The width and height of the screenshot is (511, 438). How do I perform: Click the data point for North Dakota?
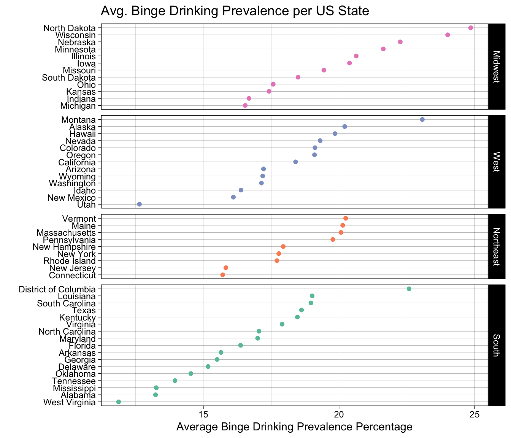coord(471,28)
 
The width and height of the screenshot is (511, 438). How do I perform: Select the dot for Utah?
coord(140,204)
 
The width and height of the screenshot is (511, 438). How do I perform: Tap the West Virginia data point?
coord(119,402)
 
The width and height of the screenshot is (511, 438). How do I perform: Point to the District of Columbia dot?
coord(409,289)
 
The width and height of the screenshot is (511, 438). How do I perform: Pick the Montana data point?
coord(422,119)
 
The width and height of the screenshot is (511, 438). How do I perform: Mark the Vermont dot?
coord(346,218)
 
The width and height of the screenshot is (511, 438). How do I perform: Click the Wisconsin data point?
coord(448,35)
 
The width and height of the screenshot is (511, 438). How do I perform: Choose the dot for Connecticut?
coord(223,275)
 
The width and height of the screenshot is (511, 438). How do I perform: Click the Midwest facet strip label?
coord(496,67)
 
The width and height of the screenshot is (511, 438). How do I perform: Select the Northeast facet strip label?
coord(496,246)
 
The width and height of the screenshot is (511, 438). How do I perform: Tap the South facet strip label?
coord(496,345)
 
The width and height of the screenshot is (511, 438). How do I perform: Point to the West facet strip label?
coord(496,162)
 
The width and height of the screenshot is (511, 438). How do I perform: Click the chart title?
coord(235,11)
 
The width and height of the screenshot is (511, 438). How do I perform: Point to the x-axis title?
coord(294,427)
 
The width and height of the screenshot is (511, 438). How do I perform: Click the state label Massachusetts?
coord(66,232)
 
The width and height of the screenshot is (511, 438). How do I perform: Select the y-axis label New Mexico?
coord(71,197)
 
